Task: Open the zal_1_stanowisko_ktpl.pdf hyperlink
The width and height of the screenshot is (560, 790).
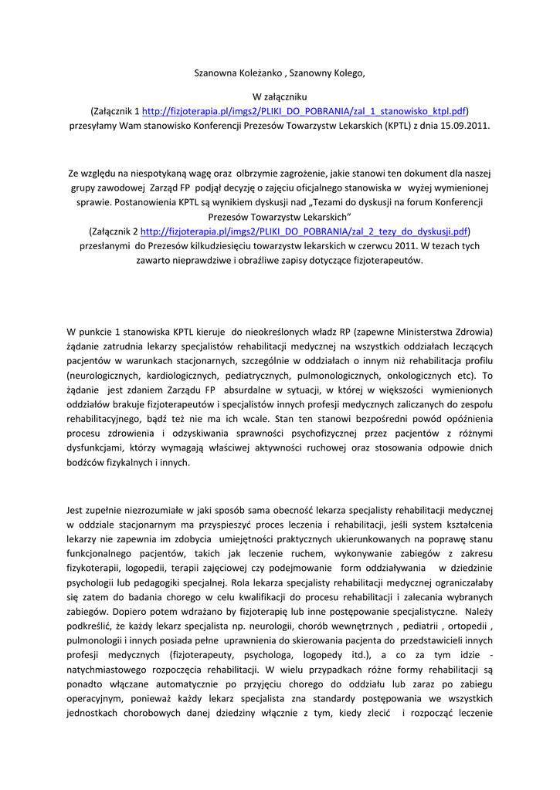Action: point(305,110)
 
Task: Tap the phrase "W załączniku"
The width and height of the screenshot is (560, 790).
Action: point(280,97)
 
